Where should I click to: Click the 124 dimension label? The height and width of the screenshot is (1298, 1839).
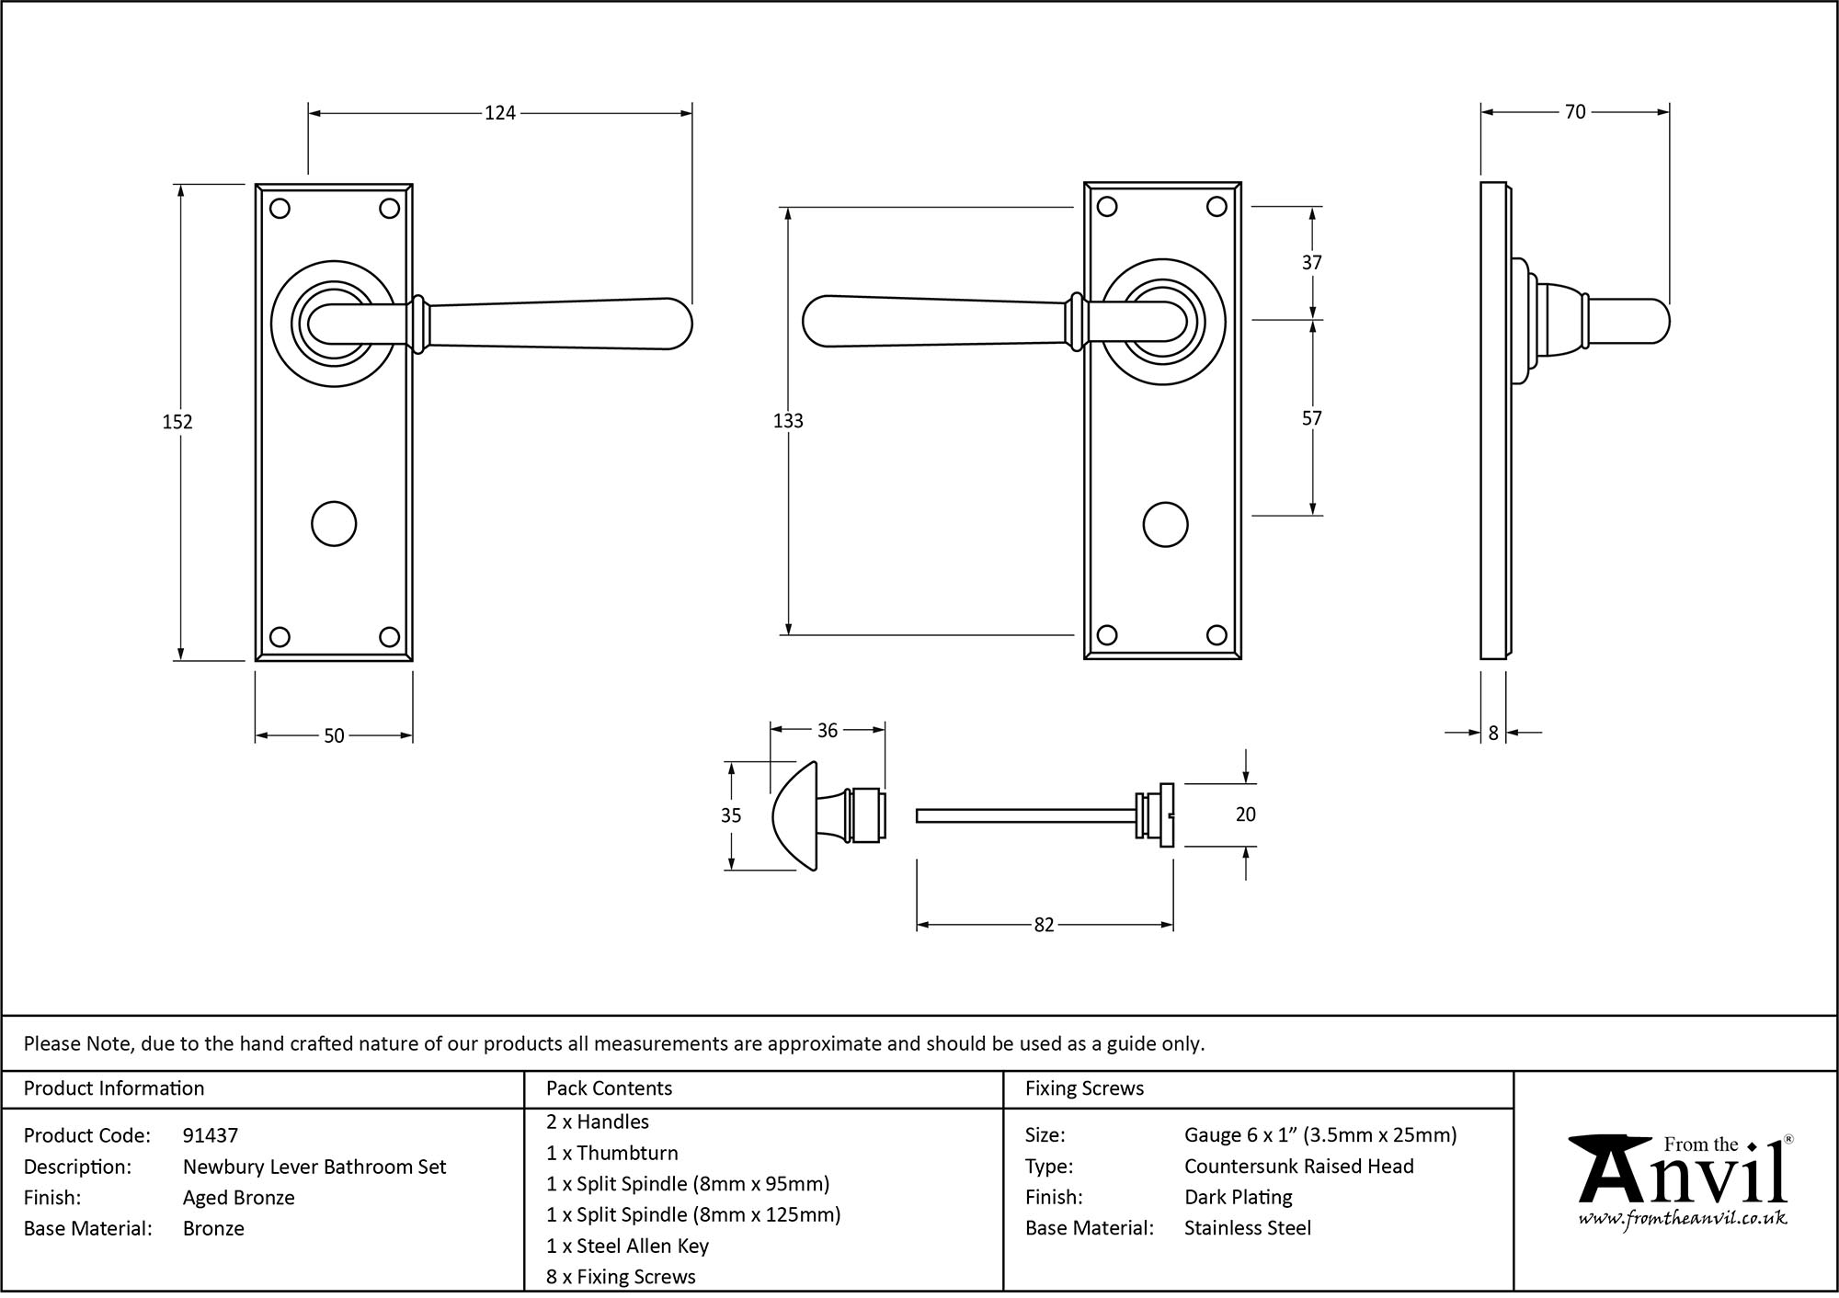click(500, 113)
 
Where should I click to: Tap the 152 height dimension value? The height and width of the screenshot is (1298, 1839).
click(177, 422)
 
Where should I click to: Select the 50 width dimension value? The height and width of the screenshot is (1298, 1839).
click(334, 736)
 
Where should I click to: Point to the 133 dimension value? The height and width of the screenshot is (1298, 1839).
click(788, 421)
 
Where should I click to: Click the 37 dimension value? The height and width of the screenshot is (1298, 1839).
click(1311, 263)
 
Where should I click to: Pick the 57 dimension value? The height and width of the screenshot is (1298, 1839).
click(1311, 418)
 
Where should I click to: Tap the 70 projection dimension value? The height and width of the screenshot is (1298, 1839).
click(1574, 112)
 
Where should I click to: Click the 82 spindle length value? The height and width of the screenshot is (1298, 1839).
click(1044, 926)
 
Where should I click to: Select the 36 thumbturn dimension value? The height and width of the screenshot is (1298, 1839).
click(827, 731)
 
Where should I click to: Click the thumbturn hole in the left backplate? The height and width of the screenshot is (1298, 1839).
click(334, 524)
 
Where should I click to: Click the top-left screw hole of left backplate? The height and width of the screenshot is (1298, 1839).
click(280, 209)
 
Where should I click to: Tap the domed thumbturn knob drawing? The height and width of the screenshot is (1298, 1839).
click(796, 815)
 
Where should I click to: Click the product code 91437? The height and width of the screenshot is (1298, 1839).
click(211, 1136)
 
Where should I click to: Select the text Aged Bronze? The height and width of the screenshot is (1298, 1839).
click(239, 1198)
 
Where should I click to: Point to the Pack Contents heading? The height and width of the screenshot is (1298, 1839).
click(609, 1088)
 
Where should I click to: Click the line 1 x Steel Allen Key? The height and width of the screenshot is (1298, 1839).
click(627, 1246)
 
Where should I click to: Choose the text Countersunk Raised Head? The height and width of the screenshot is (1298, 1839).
click(1298, 1167)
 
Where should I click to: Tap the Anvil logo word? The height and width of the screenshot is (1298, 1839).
click(1683, 1177)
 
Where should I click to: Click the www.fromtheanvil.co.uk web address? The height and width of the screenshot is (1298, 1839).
click(1683, 1219)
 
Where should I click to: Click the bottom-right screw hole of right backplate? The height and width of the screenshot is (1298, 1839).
click(1216, 634)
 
